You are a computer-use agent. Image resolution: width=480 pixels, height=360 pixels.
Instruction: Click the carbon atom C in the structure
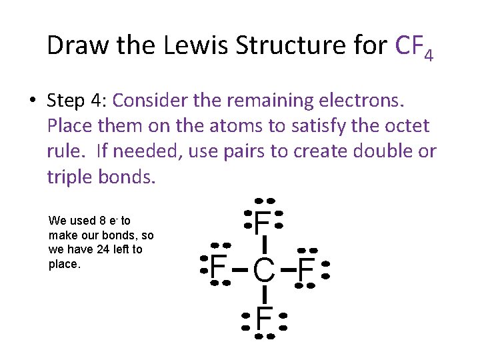(264, 270)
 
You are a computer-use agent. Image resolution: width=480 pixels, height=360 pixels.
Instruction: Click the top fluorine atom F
(263, 221)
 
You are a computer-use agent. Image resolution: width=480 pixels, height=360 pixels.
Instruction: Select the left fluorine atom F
(217, 269)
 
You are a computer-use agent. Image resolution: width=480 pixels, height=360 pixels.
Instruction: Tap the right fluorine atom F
(307, 270)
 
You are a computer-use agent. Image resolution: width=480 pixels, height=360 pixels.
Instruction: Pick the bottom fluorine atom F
(264, 320)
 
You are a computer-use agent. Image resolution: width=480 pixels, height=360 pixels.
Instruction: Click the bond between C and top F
(264, 245)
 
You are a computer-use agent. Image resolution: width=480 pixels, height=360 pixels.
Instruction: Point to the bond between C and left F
(241, 270)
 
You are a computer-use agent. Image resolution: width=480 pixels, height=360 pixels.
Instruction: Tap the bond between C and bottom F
(264, 295)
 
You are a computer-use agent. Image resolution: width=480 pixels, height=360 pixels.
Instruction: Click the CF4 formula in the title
(414, 47)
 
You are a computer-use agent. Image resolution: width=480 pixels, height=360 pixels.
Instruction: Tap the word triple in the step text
(74, 177)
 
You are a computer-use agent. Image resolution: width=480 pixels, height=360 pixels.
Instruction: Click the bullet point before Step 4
(32, 100)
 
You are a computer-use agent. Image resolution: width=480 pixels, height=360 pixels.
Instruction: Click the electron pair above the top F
(265, 201)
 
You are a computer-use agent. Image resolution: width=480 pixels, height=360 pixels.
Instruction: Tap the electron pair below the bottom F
(265, 337)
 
